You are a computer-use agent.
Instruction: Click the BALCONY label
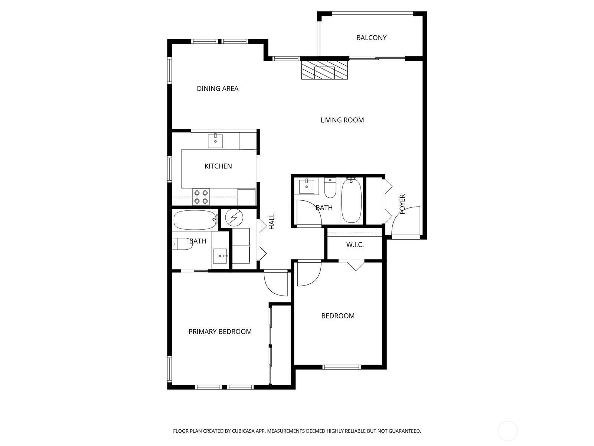click(x=371, y=38)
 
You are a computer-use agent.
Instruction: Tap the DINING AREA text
click(x=218, y=88)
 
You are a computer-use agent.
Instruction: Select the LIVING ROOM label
click(x=342, y=120)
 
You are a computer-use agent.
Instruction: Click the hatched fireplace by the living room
click(x=325, y=70)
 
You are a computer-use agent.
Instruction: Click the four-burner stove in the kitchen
click(x=201, y=197)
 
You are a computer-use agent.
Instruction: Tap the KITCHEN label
click(x=218, y=166)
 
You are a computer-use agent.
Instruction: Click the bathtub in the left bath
click(x=195, y=220)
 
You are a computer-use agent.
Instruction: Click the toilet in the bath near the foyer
click(x=330, y=188)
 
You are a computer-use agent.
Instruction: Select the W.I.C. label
click(x=355, y=245)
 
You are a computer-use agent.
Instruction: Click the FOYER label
click(x=402, y=204)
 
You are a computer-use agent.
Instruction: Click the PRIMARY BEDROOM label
click(x=220, y=332)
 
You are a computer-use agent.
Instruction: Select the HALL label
click(x=272, y=221)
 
